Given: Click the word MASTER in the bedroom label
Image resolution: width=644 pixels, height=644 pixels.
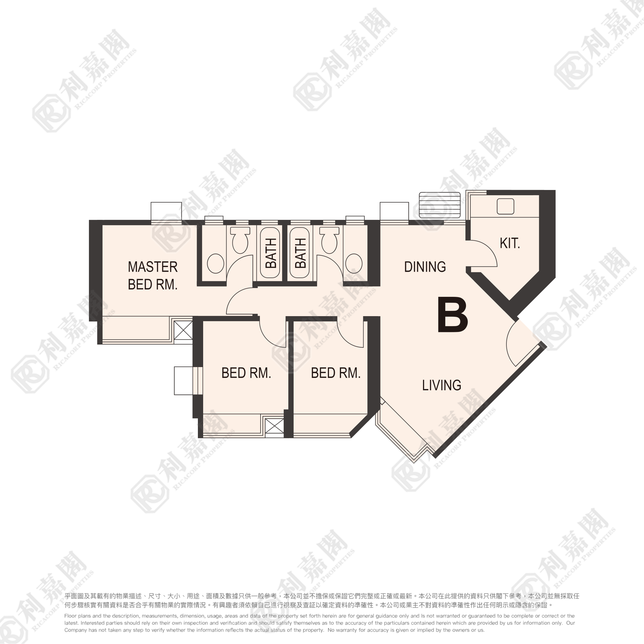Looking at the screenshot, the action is (153, 267).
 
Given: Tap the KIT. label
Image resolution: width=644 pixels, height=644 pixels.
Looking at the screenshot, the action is (510, 243).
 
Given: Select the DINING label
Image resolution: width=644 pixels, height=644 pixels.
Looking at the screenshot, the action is (425, 267).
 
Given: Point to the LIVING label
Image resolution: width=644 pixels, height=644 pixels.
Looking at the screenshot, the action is (442, 385).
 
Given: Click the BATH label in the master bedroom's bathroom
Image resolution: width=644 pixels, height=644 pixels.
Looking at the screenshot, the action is (271, 253).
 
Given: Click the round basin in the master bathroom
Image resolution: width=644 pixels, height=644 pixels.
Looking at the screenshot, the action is (215, 263).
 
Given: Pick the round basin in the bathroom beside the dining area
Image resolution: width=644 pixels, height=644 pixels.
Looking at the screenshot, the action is (354, 263).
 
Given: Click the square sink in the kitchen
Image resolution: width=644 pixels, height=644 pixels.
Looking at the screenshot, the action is (505, 206).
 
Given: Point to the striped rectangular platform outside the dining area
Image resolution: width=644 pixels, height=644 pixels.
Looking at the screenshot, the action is (440, 205).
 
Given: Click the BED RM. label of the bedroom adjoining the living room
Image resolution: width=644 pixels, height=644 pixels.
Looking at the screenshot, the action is (336, 373).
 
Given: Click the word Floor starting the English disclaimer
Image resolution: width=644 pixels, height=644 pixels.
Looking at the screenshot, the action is (70, 616).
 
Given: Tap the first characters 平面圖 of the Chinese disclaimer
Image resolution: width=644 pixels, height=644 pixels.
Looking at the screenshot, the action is (73, 596).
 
